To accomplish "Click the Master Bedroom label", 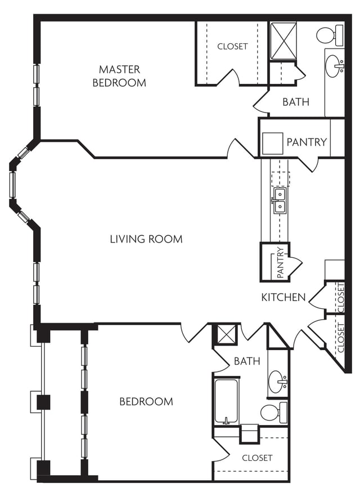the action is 119,76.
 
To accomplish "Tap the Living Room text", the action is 146,239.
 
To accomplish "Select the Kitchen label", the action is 283,297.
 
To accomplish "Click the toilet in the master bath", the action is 330,34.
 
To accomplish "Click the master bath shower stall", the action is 283,41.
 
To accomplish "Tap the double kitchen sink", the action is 280,200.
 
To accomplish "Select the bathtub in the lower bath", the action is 226,401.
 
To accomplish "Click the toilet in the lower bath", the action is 274,412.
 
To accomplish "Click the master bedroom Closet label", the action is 232,46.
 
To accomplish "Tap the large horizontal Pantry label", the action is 307,142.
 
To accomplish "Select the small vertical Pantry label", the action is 281,263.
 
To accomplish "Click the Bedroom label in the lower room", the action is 146,401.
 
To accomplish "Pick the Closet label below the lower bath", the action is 257,458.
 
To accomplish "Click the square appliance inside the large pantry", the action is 273,144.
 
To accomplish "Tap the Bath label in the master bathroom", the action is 296,102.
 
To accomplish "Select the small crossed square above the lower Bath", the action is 226,334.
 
